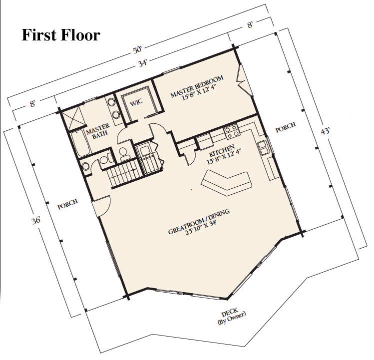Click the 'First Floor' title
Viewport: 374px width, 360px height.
tap(61, 35)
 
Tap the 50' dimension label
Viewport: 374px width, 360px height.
tap(137, 50)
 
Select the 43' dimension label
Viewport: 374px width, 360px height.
tap(325, 131)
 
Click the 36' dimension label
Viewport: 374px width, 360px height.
tap(36, 221)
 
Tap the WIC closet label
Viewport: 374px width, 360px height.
tap(136, 102)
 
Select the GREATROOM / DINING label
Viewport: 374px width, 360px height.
tap(199, 222)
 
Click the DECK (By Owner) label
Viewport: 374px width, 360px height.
tap(231, 316)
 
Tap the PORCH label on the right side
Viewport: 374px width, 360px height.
tap(286, 127)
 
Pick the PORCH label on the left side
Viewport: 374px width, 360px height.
tap(68, 204)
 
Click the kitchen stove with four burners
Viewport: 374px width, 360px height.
tap(231, 132)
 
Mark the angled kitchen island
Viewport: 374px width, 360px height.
tap(226, 183)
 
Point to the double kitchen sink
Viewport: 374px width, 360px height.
tap(263, 148)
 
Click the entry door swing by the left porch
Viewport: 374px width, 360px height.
tap(102, 206)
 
